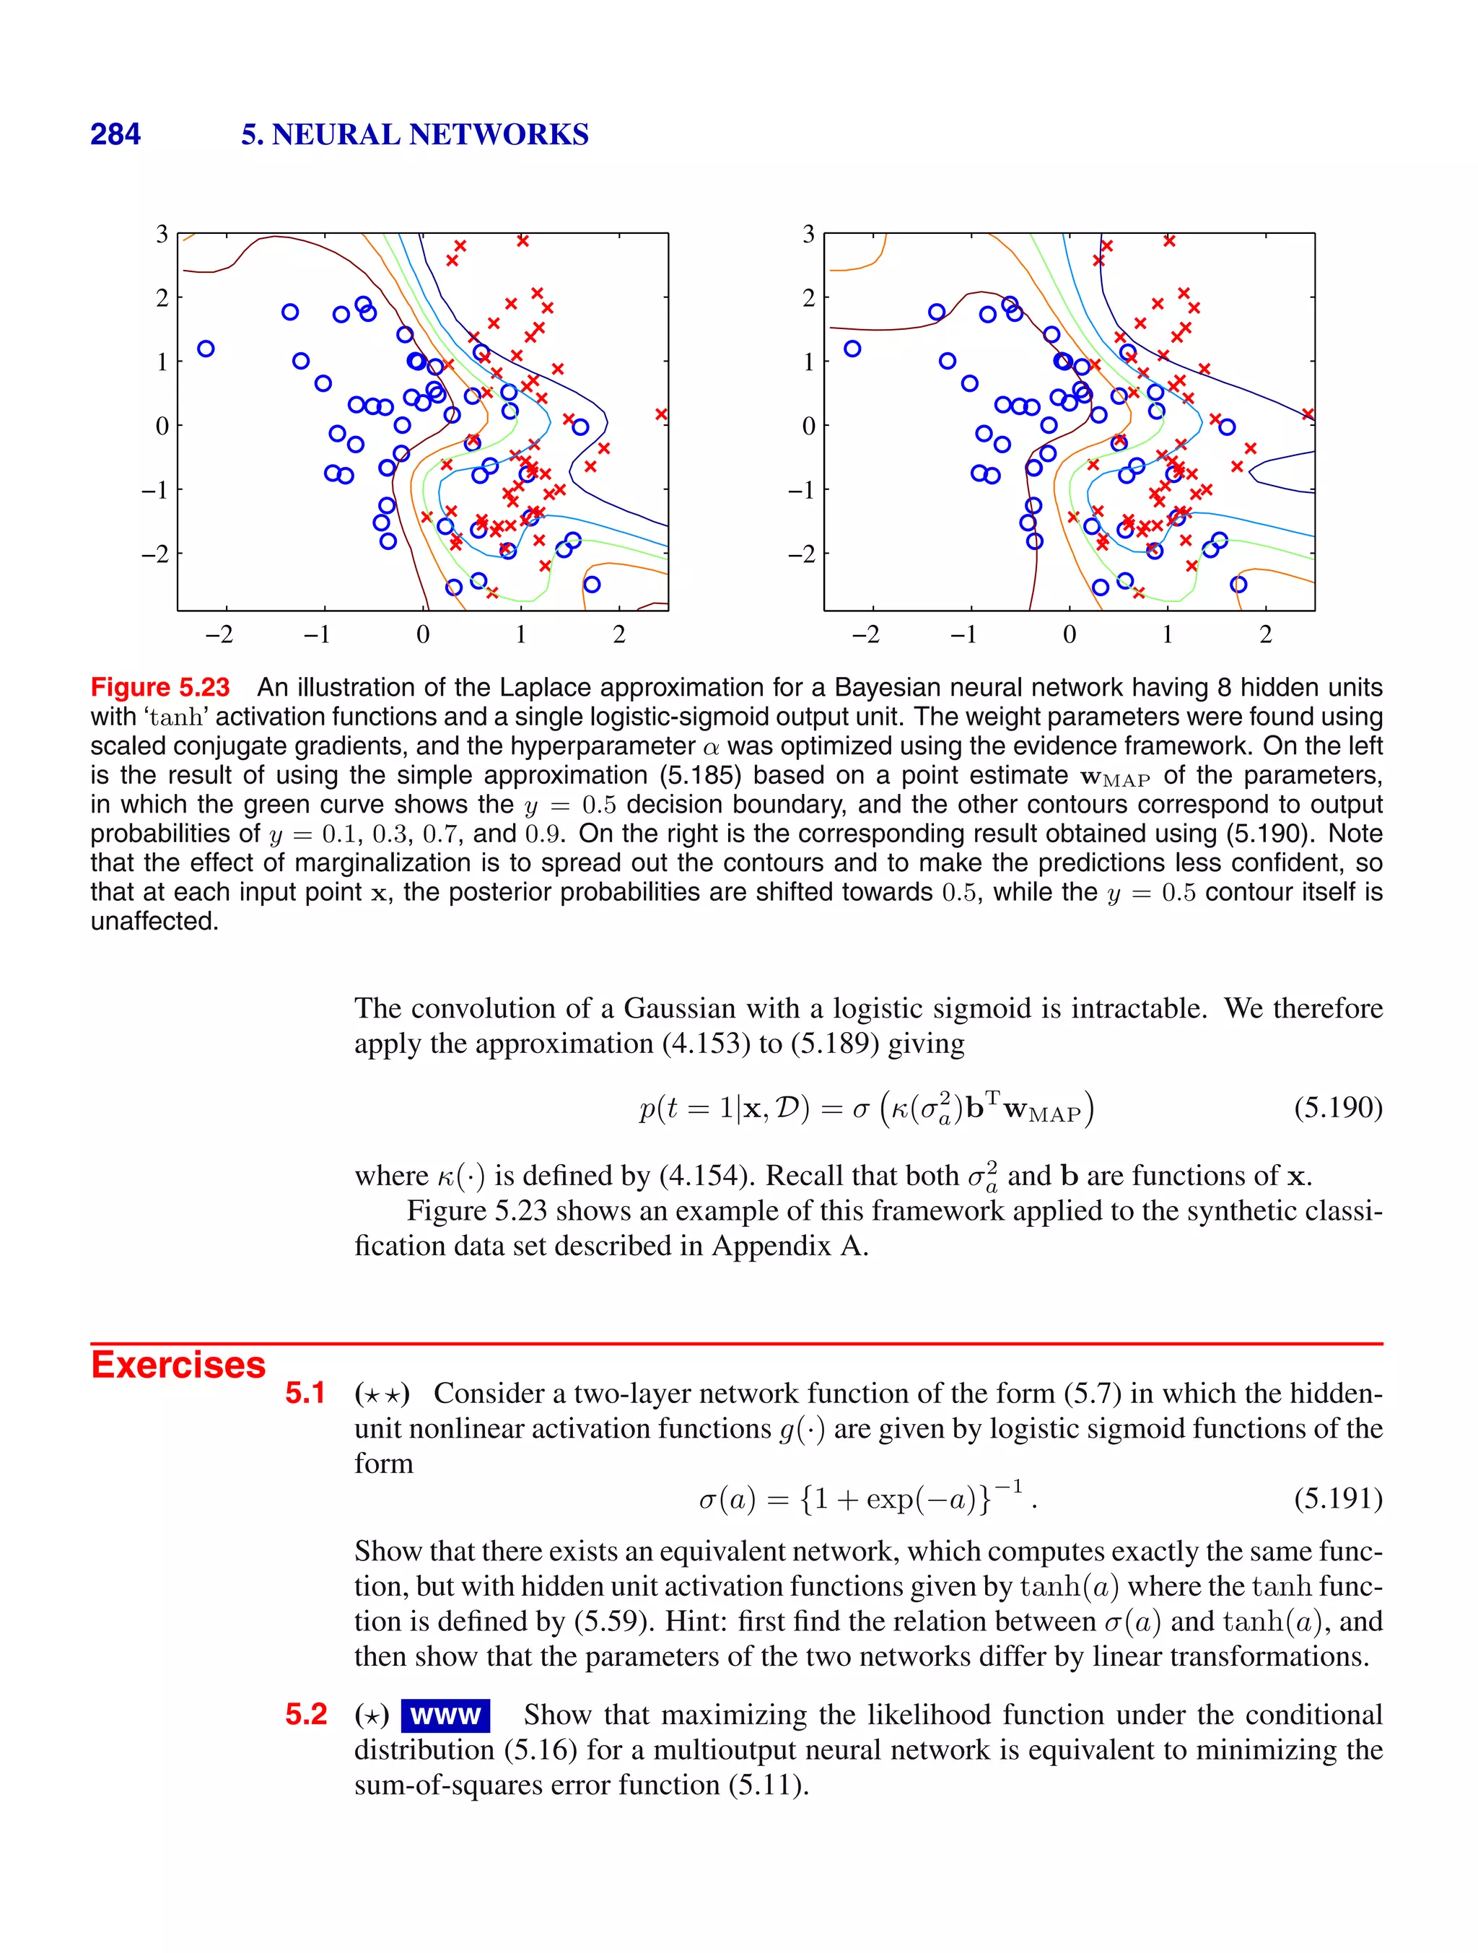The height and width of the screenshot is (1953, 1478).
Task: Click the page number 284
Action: pos(115,134)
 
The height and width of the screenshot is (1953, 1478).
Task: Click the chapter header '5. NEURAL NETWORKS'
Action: pos(414,134)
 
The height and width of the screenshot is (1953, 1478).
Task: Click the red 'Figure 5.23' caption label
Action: pos(159,687)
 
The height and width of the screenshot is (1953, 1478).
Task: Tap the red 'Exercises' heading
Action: pos(178,1364)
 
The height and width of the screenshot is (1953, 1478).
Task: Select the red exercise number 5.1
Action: pos(305,1393)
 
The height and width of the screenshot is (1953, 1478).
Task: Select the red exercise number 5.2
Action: pos(305,1715)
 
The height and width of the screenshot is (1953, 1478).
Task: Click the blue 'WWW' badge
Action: pos(445,1716)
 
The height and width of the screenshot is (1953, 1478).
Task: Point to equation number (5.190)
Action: pos(1337,1107)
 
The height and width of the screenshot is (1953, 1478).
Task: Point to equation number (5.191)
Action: pos(1337,1498)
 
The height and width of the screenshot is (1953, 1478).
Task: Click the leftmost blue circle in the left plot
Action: pos(206,349)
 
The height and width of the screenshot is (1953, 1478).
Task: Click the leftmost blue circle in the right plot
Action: pos(852,349)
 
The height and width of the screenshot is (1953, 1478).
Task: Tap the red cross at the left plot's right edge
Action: pos(661,414)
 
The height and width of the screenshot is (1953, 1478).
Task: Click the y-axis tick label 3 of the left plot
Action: pos(162,235)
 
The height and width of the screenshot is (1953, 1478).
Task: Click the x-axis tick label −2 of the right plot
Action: pos(866,635)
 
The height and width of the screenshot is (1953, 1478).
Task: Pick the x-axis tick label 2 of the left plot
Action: pos(619,635)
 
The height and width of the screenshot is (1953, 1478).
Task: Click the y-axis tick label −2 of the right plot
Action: pos(802,554)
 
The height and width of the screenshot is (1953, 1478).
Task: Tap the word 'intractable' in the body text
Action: pos(1133,1008)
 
